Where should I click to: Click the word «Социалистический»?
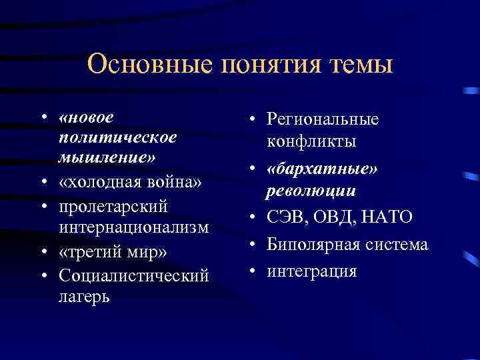click(x=133, y=275)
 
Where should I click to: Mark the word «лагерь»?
click(x=84, y=297)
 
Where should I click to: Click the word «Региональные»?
click(x=323, y=119)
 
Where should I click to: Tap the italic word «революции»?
click(x=311, y=191)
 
